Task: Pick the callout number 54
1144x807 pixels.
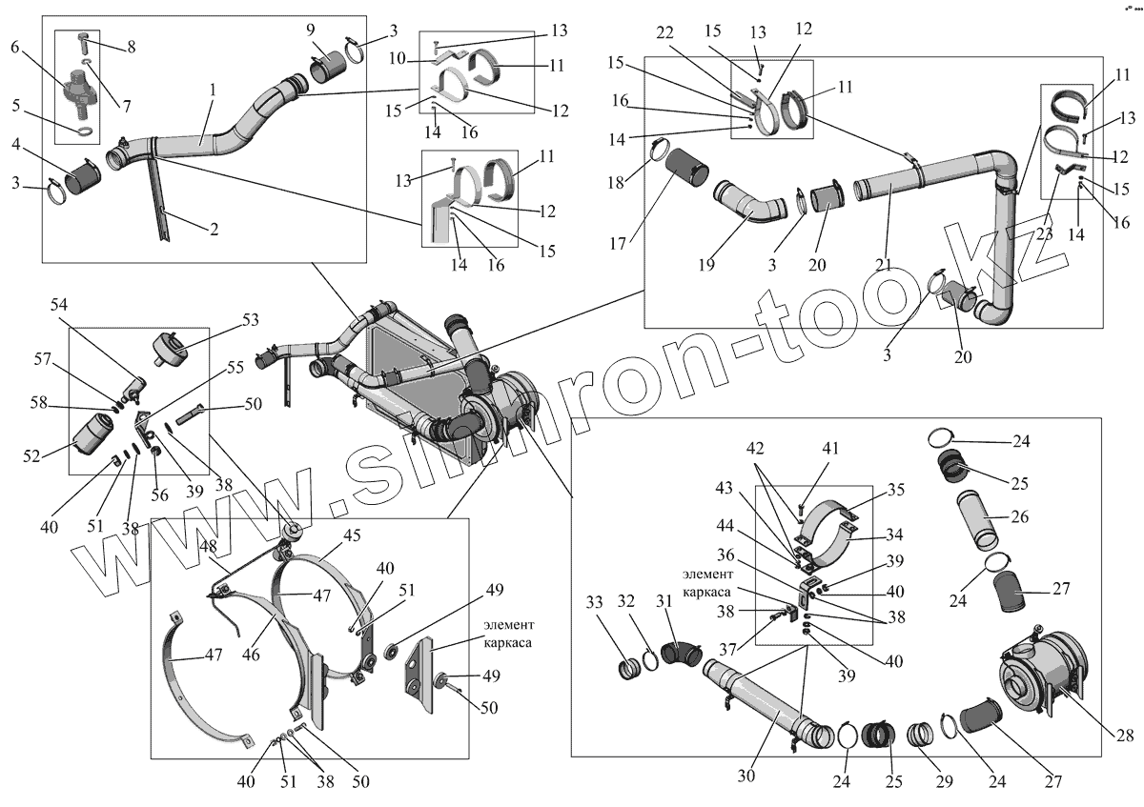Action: [59, 304]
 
